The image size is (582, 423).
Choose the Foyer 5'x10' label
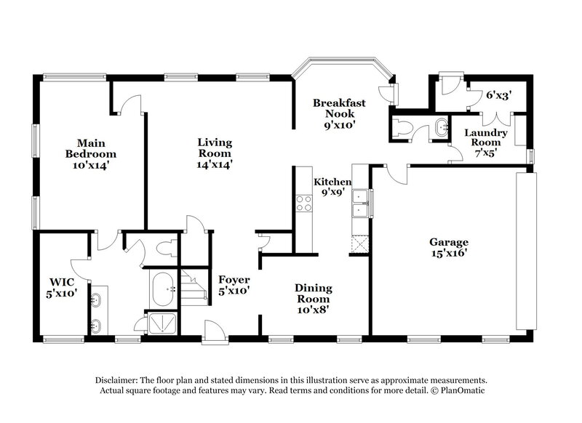click(234, 285)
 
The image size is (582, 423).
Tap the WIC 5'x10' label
click(62, 286)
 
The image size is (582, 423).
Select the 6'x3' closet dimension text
click(499, 94)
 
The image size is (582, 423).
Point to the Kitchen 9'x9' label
click(332, 188)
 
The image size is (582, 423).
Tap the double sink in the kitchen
click(359, 203)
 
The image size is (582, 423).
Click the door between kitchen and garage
click(395, 173)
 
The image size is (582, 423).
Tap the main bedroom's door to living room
click(128, 106)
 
